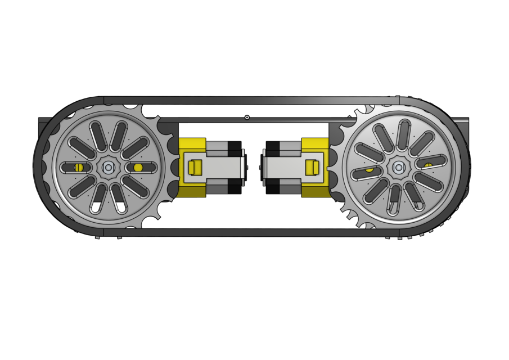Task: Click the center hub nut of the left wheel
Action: [107, 167]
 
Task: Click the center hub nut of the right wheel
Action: [399, 166]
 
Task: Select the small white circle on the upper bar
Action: [247, 118]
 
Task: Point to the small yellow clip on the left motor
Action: [195, 167]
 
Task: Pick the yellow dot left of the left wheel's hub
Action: [79, 167]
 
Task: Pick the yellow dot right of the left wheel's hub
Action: [138, 167]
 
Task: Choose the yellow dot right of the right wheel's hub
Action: [429, 165]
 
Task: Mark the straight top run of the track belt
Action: [253, 101]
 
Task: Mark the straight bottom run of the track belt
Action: [253, 232]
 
